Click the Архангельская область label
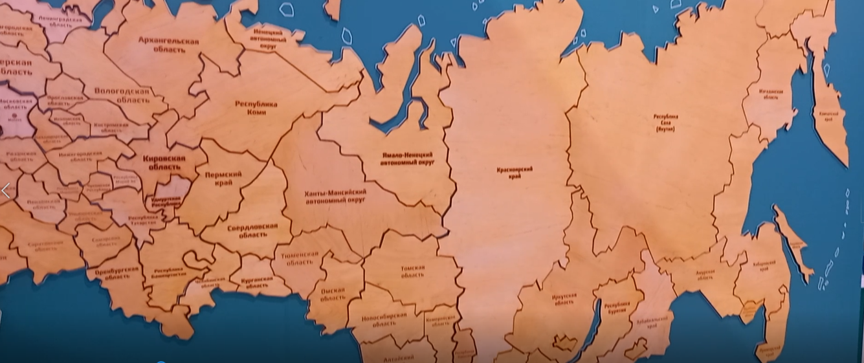click(168, 45)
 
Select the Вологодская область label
click(122, 96)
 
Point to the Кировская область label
click(164, 163)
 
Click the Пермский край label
click(223, 179)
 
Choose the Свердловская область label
click(252, 230)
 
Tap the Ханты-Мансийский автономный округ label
click(335, 196)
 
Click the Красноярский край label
click(515, 172)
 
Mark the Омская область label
click(333, 294)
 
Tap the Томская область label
click(412, 270)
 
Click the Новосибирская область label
click(385, 319)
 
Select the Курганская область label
click(258, 282)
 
